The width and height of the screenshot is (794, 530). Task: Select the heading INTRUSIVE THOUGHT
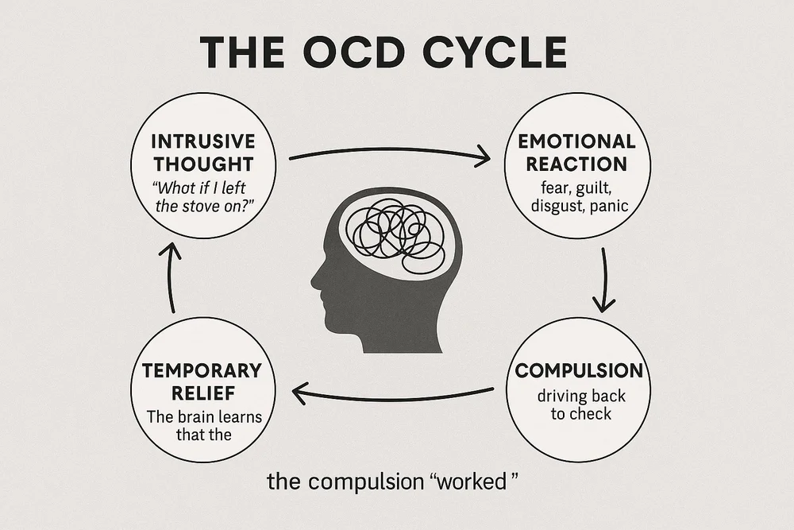[202, 153]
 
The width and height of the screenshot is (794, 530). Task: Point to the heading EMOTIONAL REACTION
[576, 153]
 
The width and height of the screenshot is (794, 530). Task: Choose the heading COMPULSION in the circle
[578, 370]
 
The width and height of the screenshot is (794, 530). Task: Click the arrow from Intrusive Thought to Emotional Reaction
[389, 153]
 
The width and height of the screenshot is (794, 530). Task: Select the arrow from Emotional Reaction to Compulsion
[604, 280]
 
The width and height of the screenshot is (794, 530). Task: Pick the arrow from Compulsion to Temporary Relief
[393, 393]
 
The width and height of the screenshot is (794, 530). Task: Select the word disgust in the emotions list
[556, 206]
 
